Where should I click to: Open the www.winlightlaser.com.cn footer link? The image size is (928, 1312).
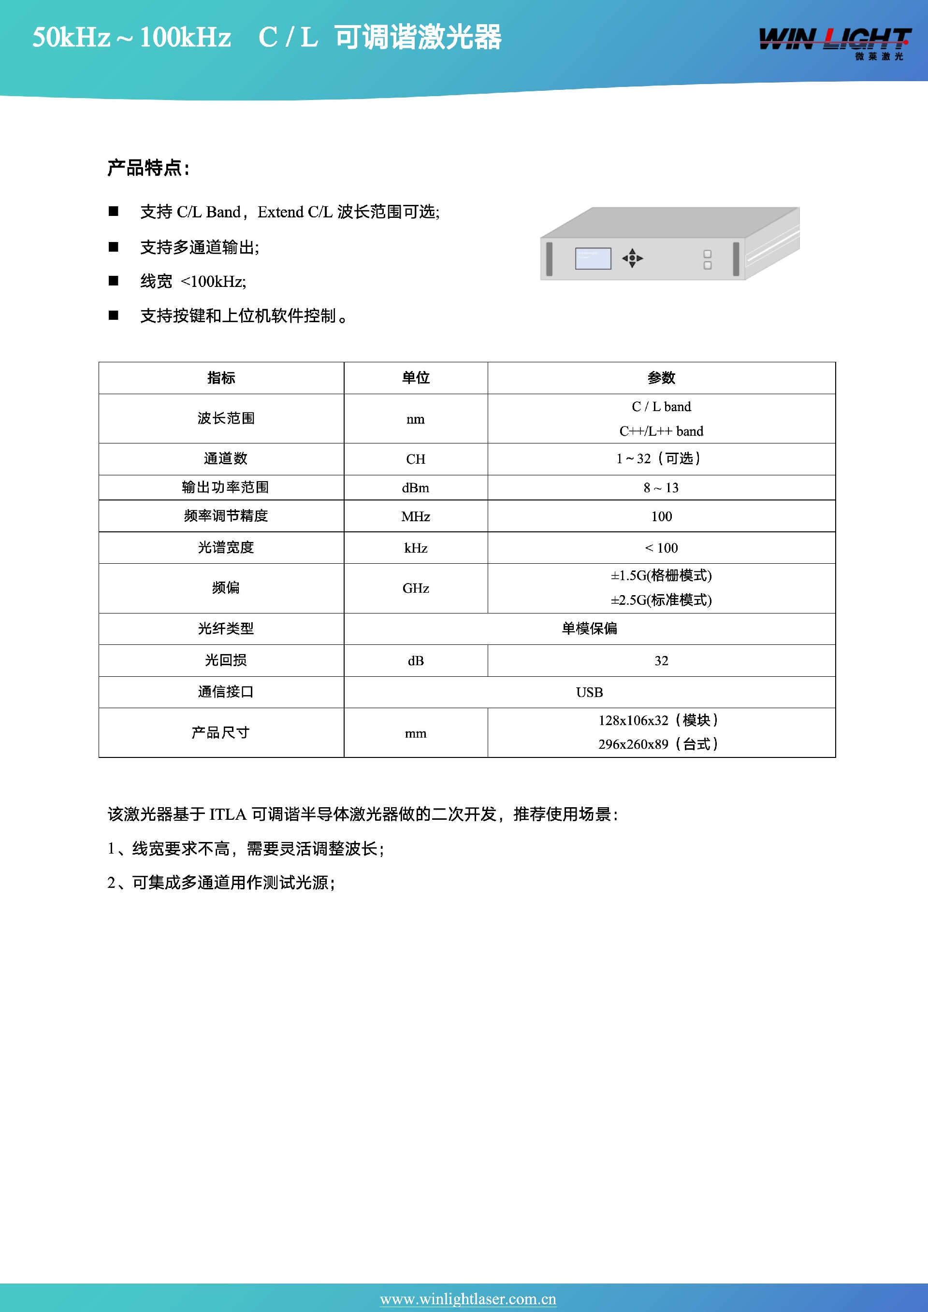(x=468, y=1299)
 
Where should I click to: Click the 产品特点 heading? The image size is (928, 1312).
(x=148, y=168)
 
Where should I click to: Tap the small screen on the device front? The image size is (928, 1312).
(x=593, y=258)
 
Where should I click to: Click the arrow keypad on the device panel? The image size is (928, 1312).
(x=632, y=258)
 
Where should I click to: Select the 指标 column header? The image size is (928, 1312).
(x=221, y=378)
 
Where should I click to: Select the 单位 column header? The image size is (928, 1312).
(x=416, y=378)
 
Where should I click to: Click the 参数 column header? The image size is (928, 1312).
(x=661, y=378)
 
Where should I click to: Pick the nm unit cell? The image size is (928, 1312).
(x=416, y=419)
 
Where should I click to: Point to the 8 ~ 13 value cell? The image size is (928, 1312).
(x=661, y=487)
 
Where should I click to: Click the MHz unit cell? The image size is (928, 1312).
(x=416, y=516)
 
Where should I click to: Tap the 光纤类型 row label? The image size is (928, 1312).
(x=226, y=628)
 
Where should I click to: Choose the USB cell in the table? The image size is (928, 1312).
(x=590, y=692)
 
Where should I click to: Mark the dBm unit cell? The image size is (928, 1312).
(x=416, y=487)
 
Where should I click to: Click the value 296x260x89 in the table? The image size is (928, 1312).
(x=633, y=744)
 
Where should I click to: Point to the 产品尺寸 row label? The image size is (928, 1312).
(x=221, y=733)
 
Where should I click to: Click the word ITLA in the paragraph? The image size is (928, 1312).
(x=228, y=814)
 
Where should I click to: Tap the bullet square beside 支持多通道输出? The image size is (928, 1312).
(x=114, y=247)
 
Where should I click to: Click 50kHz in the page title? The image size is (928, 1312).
(x=71, y=38)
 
